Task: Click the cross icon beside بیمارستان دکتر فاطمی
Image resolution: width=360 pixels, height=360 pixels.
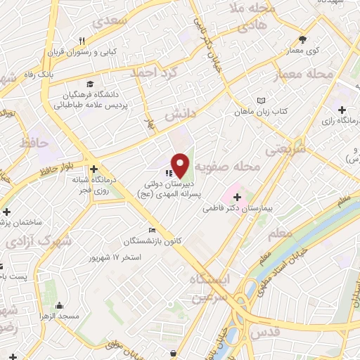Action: pyautogui.click(x=236, y=195)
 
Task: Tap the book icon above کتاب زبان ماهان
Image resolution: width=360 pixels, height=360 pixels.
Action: pyautogui.click(x=262, y=101)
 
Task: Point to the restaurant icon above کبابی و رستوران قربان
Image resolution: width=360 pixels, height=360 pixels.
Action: pyautogui.click(x=82, y=40)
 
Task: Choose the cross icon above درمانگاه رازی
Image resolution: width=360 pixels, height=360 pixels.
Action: pyautogui.click(x=342, y=110)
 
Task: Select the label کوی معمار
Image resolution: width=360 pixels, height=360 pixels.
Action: pyautogui.click(x=304, y=51)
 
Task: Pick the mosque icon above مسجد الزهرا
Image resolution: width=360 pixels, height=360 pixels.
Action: pyautogui.click(x=58, y=305)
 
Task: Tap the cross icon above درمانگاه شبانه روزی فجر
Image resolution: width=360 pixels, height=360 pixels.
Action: pyautogui.click(x=93, y=168)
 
